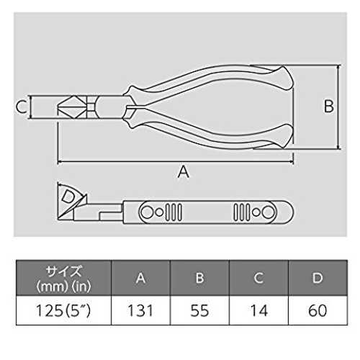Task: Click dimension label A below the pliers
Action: click(x=184, y=172)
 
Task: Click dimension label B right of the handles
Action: click(x=329, y=106)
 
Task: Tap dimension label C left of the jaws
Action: click(x=21, y=107)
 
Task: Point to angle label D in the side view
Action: click(x=68, y=197)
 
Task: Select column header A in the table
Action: click(x=140, y=278)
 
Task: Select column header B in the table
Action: click(x=199, y=278)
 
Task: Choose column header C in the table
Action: click(x=258, y=278)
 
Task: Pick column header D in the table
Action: click(x=318, y=278)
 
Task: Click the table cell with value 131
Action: click(x=140, y=310)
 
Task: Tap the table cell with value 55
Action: click(x=199, y=310)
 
